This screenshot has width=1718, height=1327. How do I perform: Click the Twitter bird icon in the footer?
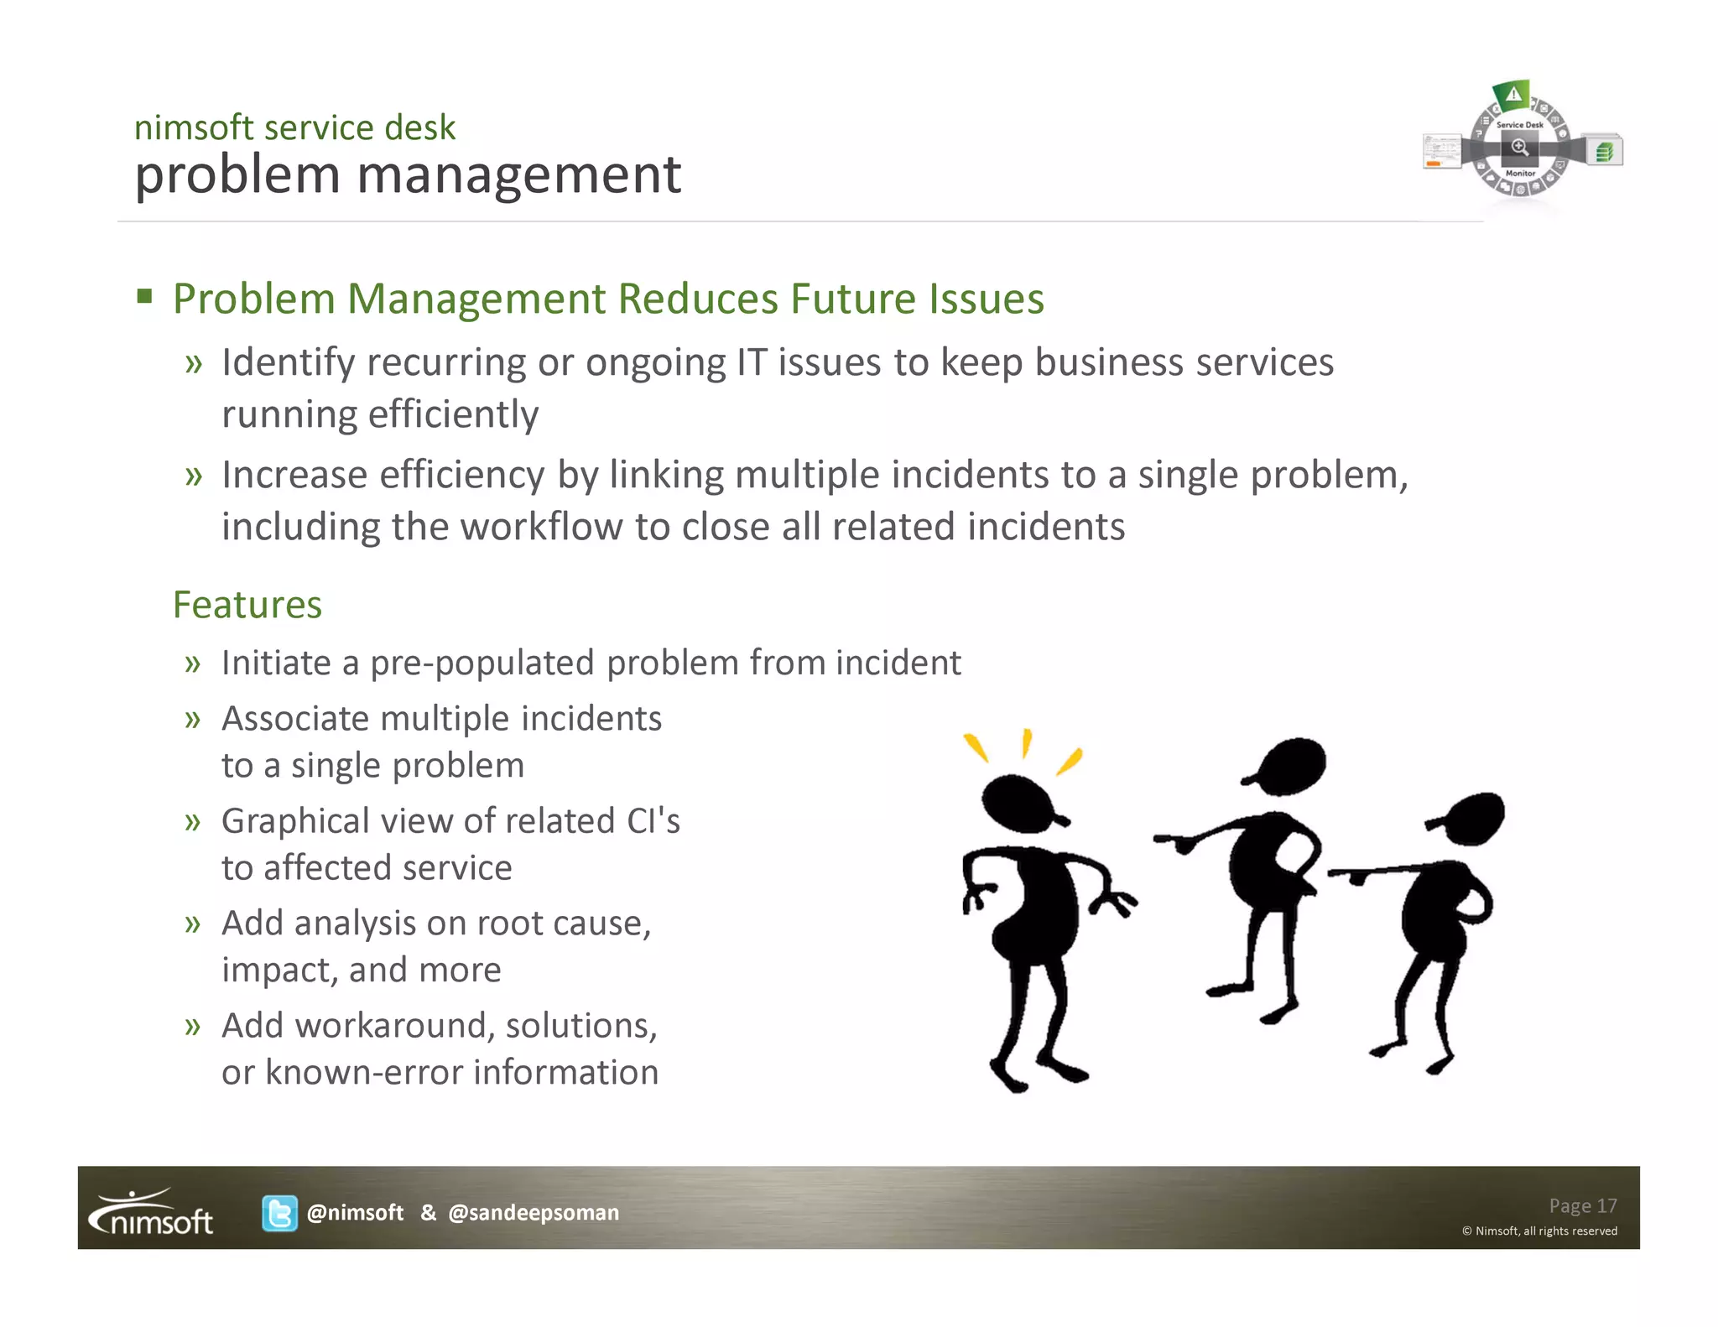pos(279,1213)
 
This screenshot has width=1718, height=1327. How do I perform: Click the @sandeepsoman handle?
pos(534,1213)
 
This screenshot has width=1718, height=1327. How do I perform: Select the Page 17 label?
pos(1582,1205)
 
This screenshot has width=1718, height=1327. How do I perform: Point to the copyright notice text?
pos(1539,1231)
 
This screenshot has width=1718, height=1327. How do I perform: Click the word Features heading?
pos(247,605)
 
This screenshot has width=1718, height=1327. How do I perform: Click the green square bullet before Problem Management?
pos(145,296)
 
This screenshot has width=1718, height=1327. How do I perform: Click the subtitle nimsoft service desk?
pos(294,127)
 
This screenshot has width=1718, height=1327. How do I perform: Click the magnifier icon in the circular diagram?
pos(1519,148)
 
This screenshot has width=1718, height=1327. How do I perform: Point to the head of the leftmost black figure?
pos(1020,803)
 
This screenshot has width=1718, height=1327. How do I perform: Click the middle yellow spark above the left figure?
pos(1026,743)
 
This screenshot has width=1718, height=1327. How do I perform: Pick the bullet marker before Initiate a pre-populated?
pos(193,663)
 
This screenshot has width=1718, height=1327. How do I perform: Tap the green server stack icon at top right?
pos(1605,152)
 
